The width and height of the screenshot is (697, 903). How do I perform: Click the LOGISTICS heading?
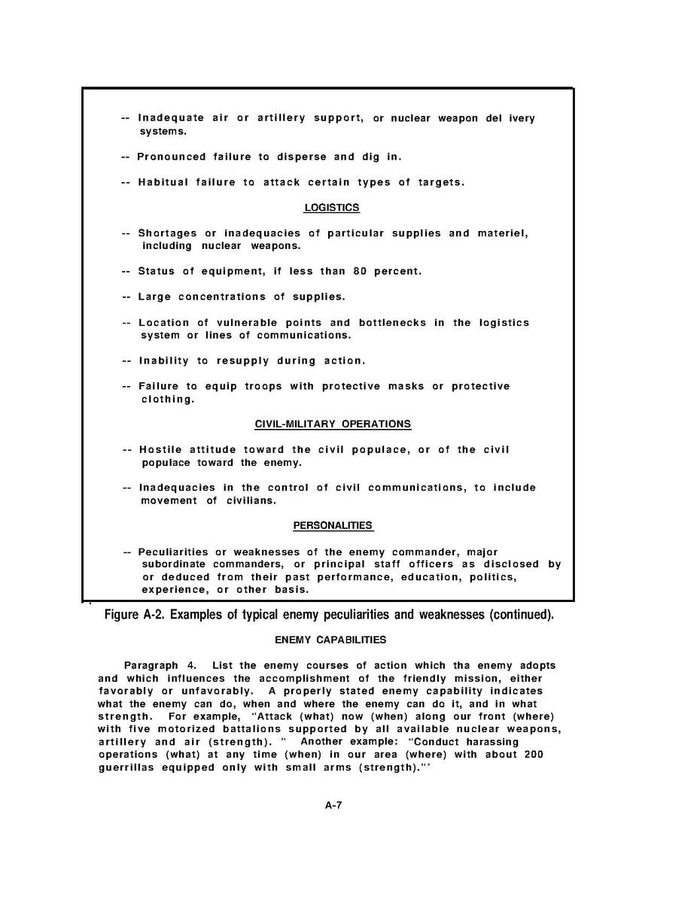[x=331, y=208]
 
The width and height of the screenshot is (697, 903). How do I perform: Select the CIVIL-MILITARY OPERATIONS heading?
[x=333, y=424]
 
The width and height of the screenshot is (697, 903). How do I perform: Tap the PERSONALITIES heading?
[x=333, y=526]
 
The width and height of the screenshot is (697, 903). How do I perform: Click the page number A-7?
[x=334, y=805]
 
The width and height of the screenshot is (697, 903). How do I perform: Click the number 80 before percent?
[x=359, y=272]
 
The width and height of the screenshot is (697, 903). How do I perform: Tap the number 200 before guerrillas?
[x=533, y=755]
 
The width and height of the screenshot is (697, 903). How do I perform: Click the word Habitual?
[x=163, y=183]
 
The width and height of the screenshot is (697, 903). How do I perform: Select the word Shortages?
[x=167, y=233]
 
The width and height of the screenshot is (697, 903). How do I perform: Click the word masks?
[x=406, y=387]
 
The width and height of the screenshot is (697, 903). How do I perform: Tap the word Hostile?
[x=160, y=450]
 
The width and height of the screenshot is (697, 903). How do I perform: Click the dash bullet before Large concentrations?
[x=126, y=297]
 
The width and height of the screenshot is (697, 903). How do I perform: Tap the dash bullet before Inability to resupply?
[x=126, y=361]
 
